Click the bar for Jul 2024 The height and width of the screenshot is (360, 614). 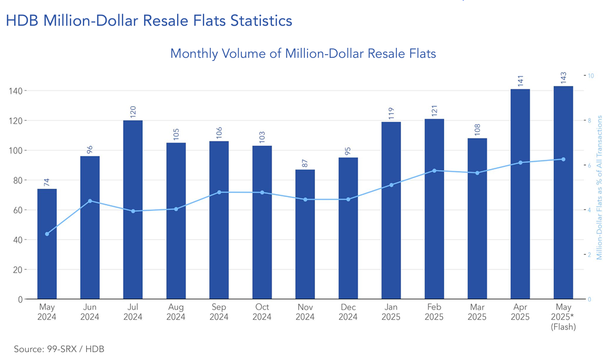[x=133, y=210]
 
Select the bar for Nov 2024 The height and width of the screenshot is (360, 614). [x=305, y=234]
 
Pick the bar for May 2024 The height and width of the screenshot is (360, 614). [x=47, y=244]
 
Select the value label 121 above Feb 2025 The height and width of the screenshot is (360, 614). [x=434, y=111]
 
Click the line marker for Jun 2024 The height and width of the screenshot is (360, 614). [x=90, y=201]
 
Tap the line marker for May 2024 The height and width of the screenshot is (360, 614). [x=47, y=234]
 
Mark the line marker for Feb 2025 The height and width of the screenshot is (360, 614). [x=434, y=171]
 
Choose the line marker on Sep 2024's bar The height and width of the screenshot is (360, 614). [x=219, y=192]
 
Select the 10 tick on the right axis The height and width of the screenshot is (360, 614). [x=591, y=76]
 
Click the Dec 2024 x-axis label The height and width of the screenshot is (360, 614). [x=348, y=312]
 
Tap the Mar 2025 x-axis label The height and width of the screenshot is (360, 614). [x=477, y=312]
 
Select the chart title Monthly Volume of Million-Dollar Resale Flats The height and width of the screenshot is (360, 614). [x=303, y=53]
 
